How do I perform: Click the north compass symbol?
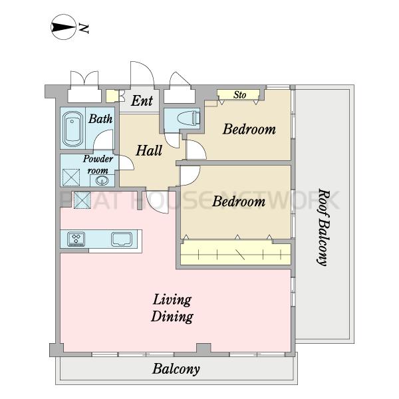(64, 27)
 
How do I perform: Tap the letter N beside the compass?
(84, 28)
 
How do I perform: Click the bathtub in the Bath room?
(72, 129)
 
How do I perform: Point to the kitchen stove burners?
(76, 239)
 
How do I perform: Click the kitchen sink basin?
(122, 239)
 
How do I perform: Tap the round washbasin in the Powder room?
(102, 181)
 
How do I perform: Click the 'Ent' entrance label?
(142, 100)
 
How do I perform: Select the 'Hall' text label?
(149, 150)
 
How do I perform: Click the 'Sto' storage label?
(239, 95)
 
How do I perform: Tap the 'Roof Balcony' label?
(323, 227)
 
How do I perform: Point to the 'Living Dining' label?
(172, 308)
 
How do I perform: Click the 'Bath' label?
(100, 119)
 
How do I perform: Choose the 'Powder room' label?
(98, 164)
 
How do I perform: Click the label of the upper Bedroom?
(249, 129)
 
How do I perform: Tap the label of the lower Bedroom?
(239, 201)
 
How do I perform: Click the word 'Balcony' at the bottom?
(176, 369)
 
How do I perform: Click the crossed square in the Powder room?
(71, 177)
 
